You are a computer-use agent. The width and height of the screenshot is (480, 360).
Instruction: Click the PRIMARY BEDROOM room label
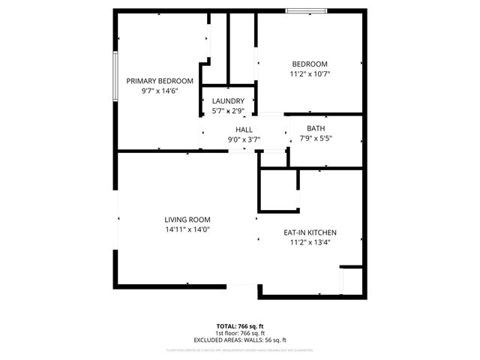click(160, 81)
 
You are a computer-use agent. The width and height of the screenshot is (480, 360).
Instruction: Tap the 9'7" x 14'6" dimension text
click(160, 91)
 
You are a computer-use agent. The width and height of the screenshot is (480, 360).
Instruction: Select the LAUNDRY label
click(228, 101)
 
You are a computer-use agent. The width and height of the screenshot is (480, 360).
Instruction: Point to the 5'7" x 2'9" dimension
click(228, 111)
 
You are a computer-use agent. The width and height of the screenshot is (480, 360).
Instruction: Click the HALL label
click(244, 130)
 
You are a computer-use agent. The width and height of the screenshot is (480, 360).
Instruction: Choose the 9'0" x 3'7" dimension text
click(244, 139)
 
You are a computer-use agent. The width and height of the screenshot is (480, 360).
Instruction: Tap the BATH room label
click(316, 128)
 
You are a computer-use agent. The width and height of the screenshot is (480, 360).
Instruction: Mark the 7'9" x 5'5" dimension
click(316, 138)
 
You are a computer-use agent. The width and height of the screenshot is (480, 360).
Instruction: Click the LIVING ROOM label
click(187, 220)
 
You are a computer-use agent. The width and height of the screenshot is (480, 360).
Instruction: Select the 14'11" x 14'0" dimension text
click(187, 229)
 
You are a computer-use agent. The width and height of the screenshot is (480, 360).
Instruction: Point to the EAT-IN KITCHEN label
click(310, 232)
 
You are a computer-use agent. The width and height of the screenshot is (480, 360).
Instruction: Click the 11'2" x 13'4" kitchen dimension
click(310, 242)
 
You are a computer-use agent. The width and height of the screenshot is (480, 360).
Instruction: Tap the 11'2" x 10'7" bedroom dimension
click(310, 73)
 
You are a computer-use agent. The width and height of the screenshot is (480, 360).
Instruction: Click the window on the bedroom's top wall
click(307, 10)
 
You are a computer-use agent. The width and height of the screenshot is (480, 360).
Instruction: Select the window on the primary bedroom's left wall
click(114, 75)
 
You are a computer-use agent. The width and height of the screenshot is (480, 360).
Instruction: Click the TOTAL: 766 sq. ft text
click(240, 326)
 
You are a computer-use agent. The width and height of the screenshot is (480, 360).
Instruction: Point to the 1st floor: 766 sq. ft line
click(240, 333)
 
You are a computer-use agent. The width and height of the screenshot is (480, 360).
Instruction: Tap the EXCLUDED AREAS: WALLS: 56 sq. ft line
click(240, 340)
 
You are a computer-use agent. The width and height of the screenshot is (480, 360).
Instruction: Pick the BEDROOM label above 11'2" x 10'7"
click(310, 64)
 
